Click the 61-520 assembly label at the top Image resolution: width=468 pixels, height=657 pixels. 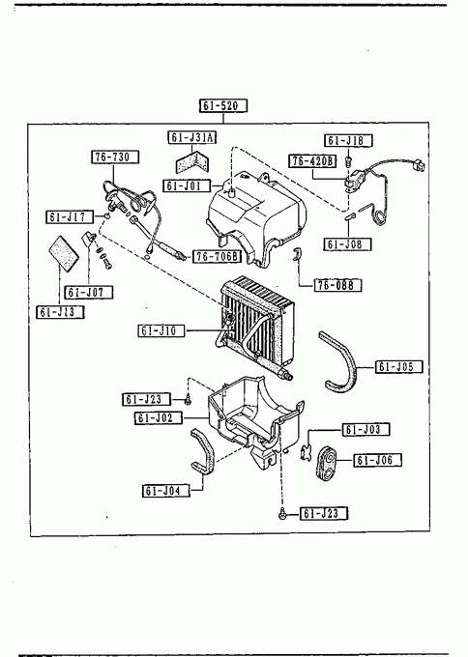point(223,105)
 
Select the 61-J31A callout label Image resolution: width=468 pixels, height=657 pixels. point(192,137)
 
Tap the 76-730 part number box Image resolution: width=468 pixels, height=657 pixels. point(115,157)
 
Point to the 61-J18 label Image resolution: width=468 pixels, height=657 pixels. point(348,140)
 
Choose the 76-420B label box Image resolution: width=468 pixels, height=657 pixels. point(312,161)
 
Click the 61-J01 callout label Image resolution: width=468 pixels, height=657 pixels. point(187,186)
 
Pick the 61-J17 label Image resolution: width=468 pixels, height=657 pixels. point(71,216)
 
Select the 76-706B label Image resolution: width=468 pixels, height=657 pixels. point(218,256)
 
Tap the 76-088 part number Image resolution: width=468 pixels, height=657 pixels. point(337,285)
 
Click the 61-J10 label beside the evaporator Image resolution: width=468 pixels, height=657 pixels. point(161,330)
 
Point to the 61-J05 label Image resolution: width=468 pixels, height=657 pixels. point(399,366)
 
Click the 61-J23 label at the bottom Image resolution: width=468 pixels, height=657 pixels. point(324,513)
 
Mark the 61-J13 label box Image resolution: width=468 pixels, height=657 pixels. point(61,312)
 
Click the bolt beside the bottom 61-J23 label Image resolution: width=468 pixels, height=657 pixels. point(282,512)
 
